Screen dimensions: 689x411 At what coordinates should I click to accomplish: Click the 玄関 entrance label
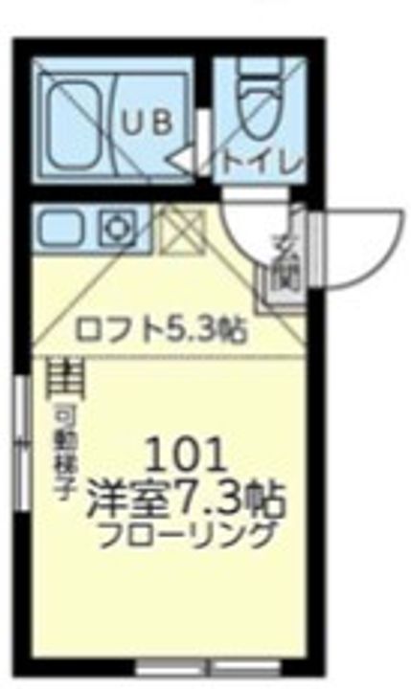284,259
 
